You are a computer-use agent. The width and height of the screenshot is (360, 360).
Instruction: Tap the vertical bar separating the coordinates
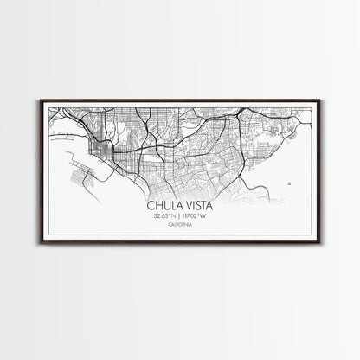pyautogui.click(x=180, y=216)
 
